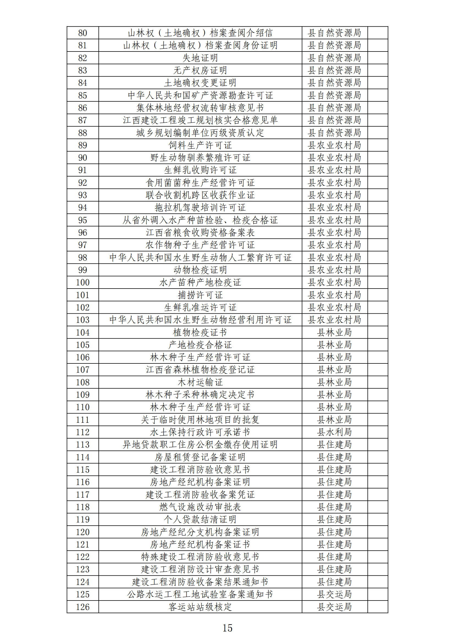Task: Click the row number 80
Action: point(82,33)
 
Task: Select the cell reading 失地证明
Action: point(200,58)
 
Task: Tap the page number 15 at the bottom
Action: point(227,628)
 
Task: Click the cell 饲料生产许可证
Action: point(200,145)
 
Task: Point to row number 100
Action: point(82,282)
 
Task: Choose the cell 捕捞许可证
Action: point(200,295)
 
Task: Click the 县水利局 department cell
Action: point(334,432)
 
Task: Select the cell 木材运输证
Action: point(200,382)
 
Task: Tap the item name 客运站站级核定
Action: point(200,607)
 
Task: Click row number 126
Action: point(82,607)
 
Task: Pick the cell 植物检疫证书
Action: point(200,332)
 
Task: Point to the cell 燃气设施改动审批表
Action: point(200,507)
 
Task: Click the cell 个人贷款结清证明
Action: point(200,519)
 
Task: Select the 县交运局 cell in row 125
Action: point(334,594)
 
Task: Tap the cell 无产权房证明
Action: point(200,70)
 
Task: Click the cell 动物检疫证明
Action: point(200,270)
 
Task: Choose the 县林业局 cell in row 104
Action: point(334,332)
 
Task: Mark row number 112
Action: point(82,432)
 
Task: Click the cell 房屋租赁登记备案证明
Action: point(200,457)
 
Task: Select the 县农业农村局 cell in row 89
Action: point(334,145)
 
